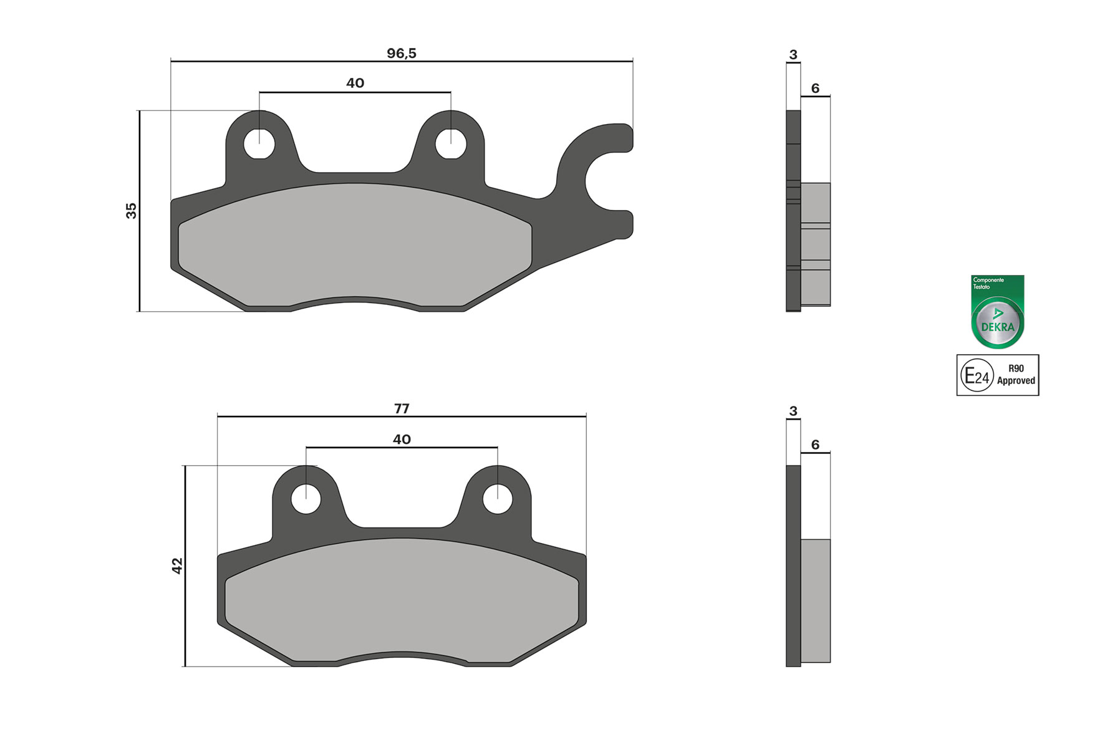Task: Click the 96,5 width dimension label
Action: click(401, 54)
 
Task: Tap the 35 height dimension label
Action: click(132, 211)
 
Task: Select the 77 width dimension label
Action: click(402, 409)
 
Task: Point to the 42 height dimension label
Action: click(178, 566)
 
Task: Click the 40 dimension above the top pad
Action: click(355, 84)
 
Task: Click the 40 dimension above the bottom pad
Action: click(402, 440)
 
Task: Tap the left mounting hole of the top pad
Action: click(259, 144)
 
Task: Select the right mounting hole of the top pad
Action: click(450, 144)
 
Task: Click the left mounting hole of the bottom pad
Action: click(306, 499)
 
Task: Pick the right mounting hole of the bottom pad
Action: click(498, 499)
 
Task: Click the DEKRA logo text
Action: click(998, 327)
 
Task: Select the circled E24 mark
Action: click(977, 375)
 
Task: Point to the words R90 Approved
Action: click(1016, 375)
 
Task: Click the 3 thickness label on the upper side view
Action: click(793, 55)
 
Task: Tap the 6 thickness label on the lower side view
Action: click(815, 445)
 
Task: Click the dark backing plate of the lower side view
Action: click(793, 566)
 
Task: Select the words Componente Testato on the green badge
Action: click(988, 283)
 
